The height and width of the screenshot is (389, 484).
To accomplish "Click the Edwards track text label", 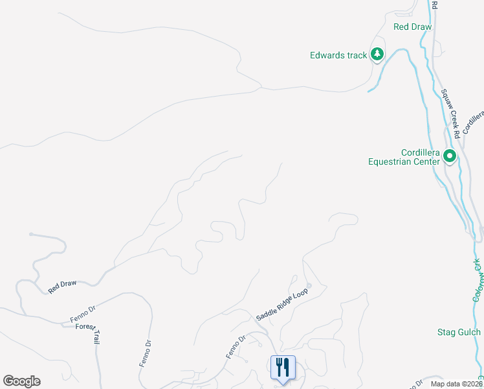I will coord(338,55).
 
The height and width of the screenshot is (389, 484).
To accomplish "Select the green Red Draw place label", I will coord(412,27).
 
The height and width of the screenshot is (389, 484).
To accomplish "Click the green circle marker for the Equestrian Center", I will coord(450,156).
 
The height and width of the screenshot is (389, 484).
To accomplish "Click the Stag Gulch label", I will coord(457,333).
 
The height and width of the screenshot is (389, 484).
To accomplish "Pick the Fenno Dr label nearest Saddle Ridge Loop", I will coord(237,347).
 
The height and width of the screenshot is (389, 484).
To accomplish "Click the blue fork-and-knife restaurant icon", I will coord(282,368).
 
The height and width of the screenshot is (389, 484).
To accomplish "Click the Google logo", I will coord(21,381).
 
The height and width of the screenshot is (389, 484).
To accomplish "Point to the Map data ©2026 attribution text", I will coord(453,384).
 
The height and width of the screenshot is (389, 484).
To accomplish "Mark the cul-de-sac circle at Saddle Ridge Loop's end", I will coord(309,285).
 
